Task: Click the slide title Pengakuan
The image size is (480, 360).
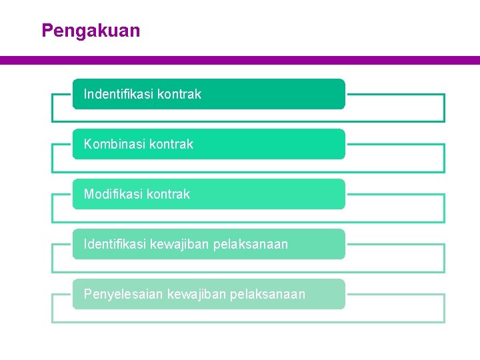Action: point(91,31)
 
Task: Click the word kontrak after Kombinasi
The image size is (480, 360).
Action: point(171,144)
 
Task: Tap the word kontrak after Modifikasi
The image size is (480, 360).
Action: point(168,194)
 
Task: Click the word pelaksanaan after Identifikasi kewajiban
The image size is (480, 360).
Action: point(251,244)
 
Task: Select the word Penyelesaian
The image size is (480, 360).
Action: point(123,294)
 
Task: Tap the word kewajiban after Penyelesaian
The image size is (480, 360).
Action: point(196,294)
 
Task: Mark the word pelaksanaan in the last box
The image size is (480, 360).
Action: point(268,294)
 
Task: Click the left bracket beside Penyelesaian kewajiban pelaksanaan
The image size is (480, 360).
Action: point(53,308)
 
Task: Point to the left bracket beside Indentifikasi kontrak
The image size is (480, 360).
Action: point(53,108)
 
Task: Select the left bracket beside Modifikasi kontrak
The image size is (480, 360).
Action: point(53,208)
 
